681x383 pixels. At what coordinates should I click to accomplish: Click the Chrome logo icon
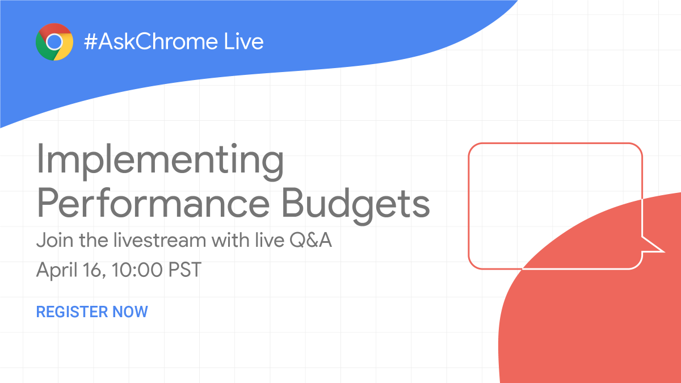54,42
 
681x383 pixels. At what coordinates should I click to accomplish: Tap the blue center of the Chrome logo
54,42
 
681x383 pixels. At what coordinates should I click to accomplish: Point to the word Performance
153,204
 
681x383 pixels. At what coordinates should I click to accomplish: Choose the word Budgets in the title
356,204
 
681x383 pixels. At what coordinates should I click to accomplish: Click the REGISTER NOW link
92,312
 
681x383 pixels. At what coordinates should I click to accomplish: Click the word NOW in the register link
130,312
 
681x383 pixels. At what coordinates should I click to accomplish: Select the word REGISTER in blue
72,312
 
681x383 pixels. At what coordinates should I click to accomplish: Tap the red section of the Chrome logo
54,29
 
